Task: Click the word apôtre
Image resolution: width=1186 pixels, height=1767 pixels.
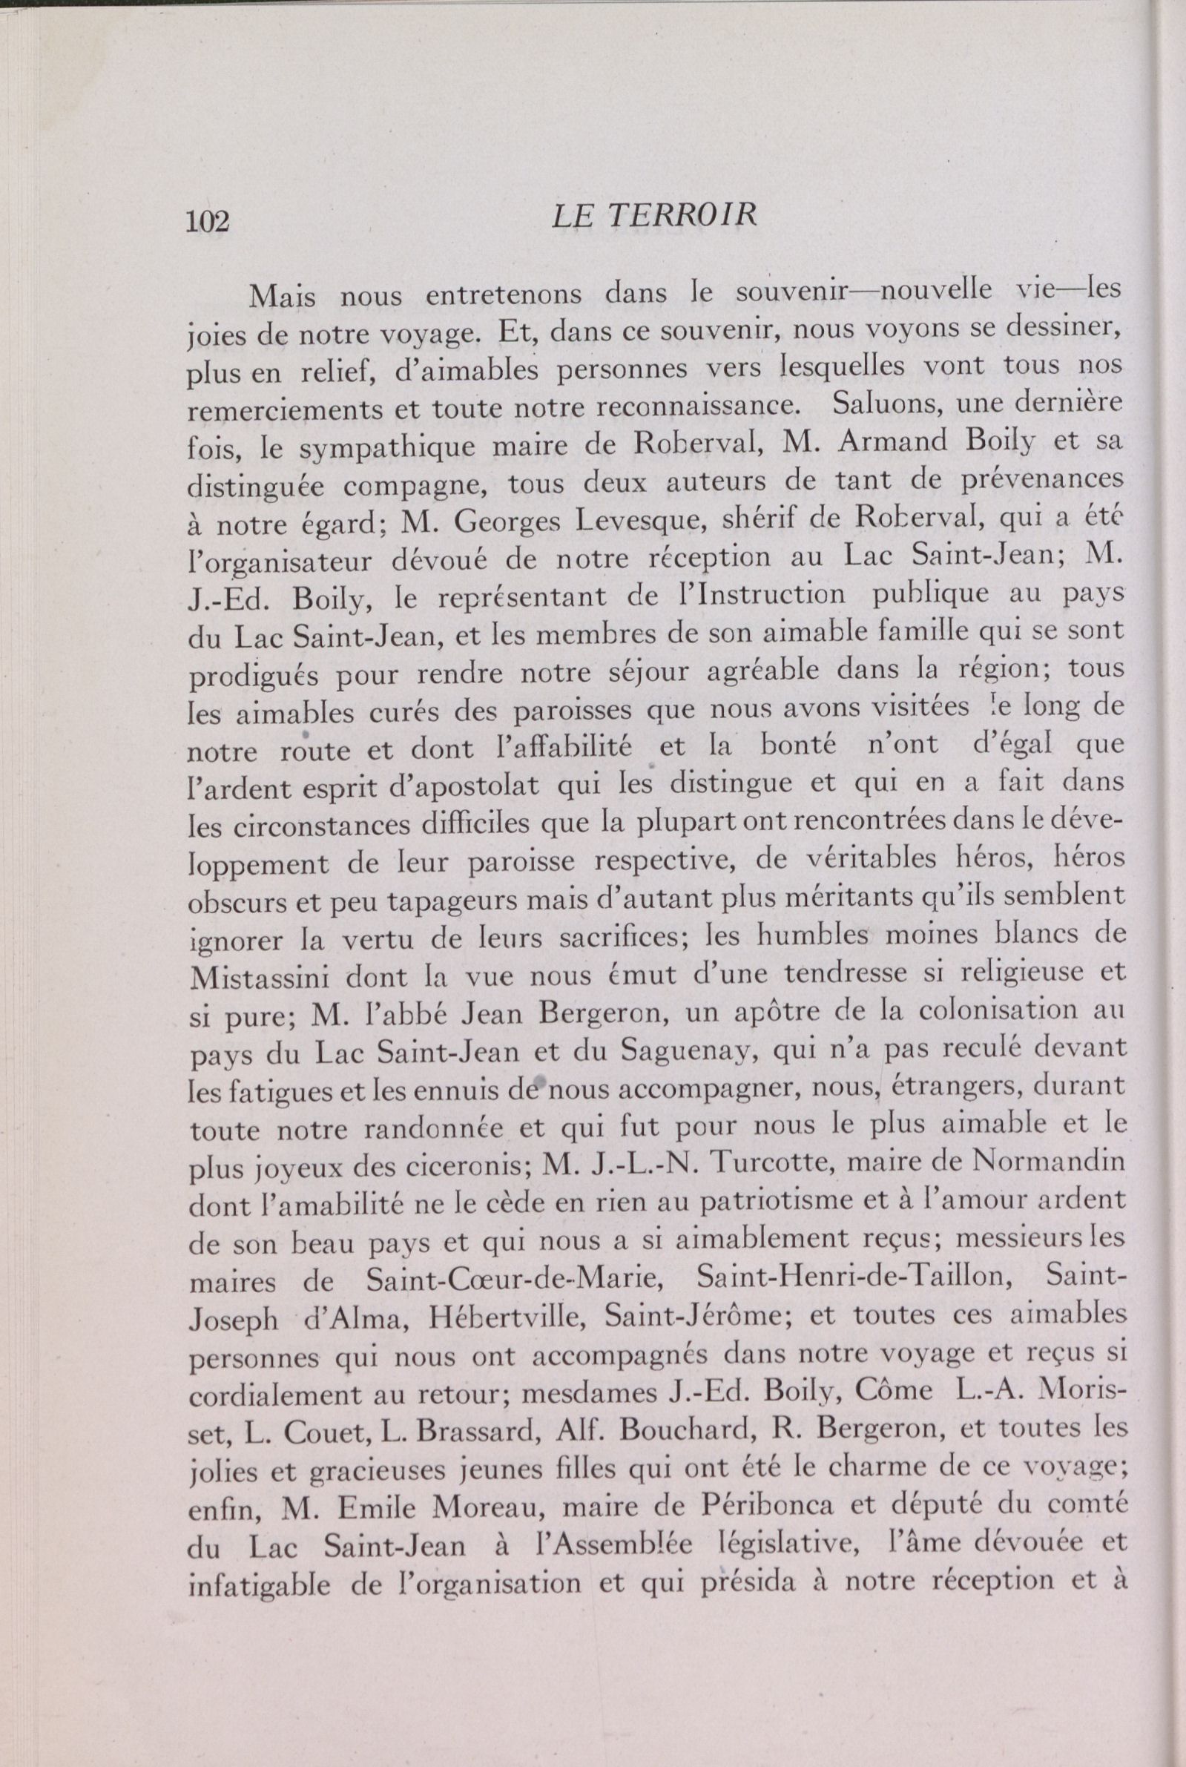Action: pos(769,1015)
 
